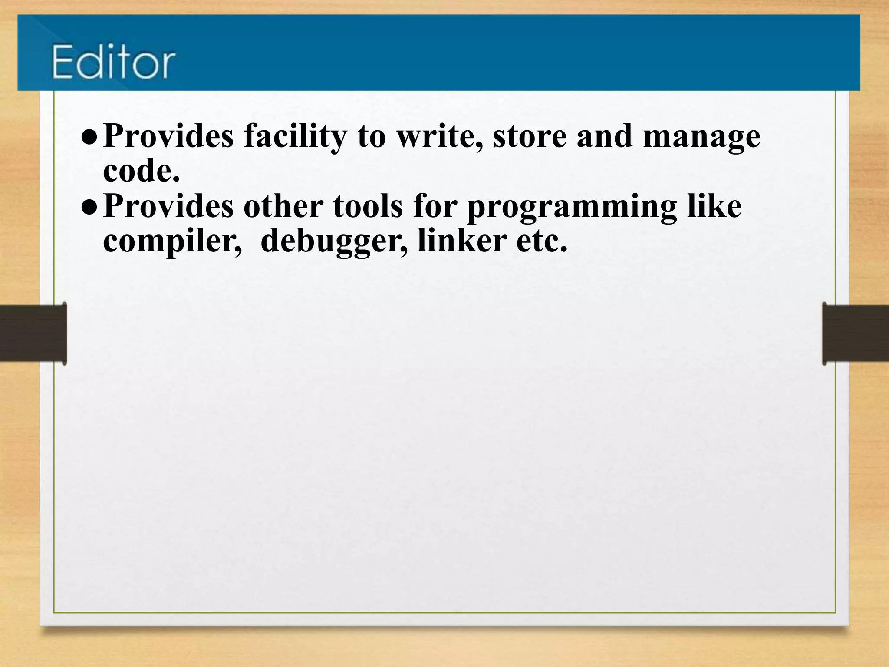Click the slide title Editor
coord(114,62)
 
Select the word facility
coord(295,136)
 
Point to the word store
coord(530,136)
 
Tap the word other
coord(283,206)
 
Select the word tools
coord(368,206)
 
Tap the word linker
coord(462,241)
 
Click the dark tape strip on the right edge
coord(855,333)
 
